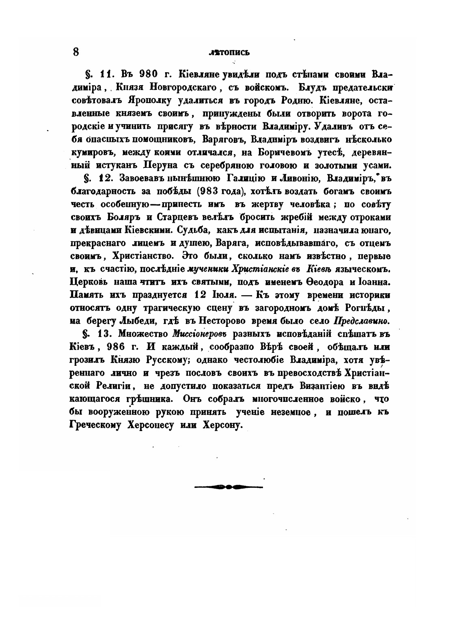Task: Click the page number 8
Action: [x=75, y=52]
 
